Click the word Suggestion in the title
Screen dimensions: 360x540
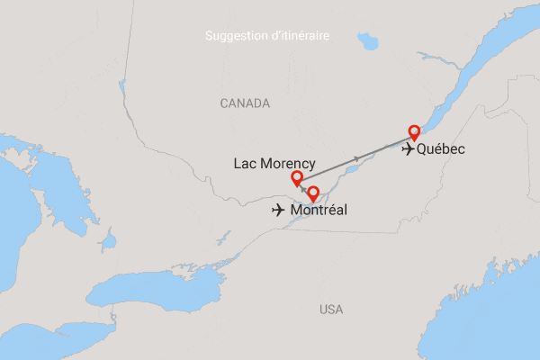coord(237,36)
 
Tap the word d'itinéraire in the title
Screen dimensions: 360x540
coord(299,36)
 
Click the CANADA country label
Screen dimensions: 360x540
coord(245,104)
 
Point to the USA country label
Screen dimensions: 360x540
coord(331,310)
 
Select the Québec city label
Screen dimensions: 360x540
coord(441,149)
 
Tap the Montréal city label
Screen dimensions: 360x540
coord(319,211)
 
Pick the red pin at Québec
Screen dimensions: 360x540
coord(414,131)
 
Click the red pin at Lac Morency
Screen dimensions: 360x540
coord(297,177)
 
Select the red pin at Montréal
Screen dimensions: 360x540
coord(313,193)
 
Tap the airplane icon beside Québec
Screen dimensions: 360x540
coord(410,149)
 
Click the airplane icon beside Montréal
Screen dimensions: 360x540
coord(280,211)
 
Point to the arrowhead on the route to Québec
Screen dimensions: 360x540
coord(357,158)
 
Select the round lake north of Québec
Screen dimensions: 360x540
coord(367,41)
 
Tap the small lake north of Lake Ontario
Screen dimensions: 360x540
coord(110,241)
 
